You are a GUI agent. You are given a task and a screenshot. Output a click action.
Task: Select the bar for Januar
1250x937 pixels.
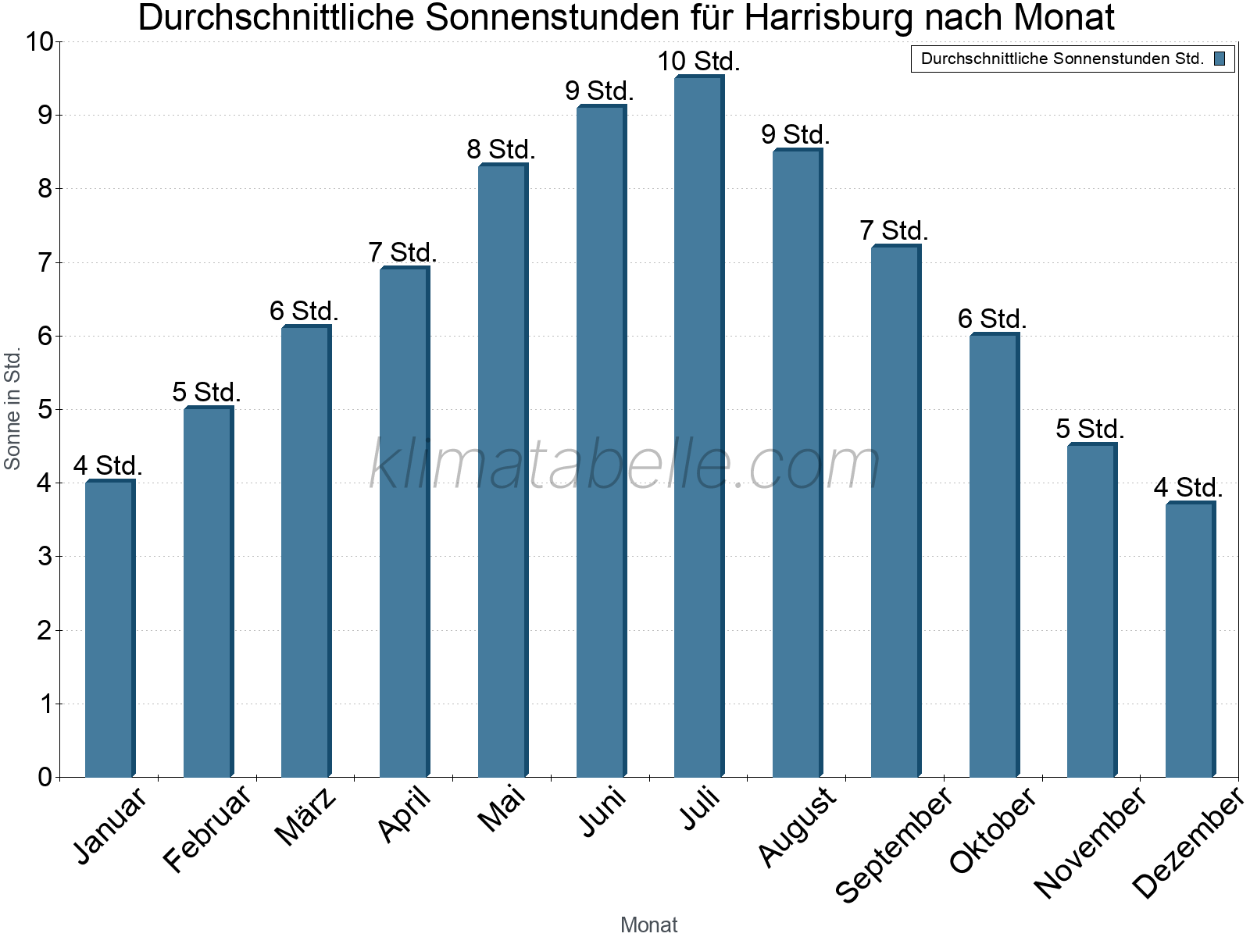click(x=109, y=629)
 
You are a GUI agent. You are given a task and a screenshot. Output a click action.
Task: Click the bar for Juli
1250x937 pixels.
click(x=699, y=426)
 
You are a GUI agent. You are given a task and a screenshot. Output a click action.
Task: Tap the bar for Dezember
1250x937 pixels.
click(x=1190, y=640)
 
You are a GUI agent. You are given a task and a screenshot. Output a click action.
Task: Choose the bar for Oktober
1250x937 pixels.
click(x=994, y=555)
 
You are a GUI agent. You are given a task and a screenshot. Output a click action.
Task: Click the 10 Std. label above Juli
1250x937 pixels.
click(x=698, y=61)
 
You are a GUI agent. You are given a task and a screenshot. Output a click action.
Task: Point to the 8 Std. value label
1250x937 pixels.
click(x=501, y=149)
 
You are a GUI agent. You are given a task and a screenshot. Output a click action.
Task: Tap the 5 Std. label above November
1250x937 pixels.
click(x=1090, y=429)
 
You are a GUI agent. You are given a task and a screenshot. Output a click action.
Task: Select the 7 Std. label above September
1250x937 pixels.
click(x=894, y=230)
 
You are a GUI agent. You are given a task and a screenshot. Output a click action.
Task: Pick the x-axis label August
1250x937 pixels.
click(x=797, y=827)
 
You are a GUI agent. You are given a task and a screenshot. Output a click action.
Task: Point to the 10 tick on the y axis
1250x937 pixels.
click(x=38, y=42)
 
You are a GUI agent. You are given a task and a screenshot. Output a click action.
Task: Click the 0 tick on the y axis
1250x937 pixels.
click(x=45, y=777)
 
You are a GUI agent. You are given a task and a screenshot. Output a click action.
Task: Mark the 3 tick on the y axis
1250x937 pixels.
click(x=45, y=557)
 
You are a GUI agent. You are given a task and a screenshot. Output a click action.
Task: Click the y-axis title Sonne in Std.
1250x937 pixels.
click(x=12, y=408)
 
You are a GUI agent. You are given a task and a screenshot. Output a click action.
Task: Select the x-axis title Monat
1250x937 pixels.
click(x=648, y=925)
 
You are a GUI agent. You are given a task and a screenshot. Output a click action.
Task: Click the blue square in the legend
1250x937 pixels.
click(x=1220, y=59)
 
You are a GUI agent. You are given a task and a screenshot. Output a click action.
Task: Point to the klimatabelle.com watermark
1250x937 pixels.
click(x=625, y=464)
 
